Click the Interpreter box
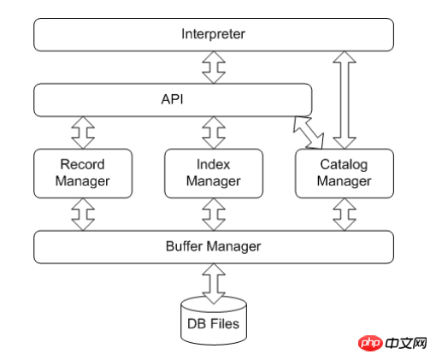[214, 35]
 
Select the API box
[173, 100]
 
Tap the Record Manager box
[83, 173]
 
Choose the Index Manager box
[214, 173]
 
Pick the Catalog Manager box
[345, 173]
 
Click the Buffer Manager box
[214, 247]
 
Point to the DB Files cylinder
[214, 321]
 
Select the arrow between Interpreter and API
[214, 68]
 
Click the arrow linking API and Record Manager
[83, 133]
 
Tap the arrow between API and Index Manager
[214, 133]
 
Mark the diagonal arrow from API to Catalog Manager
[309, 133]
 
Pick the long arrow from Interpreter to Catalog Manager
[345, 100]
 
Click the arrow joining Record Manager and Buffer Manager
[83, 215]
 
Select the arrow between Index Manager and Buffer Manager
[214, 215]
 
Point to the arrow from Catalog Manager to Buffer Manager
[345, 215]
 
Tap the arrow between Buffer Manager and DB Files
[214, 284]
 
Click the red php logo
[370, 343]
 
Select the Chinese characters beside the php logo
[406, 343]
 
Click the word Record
[82, 164]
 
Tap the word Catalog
[344, 165]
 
